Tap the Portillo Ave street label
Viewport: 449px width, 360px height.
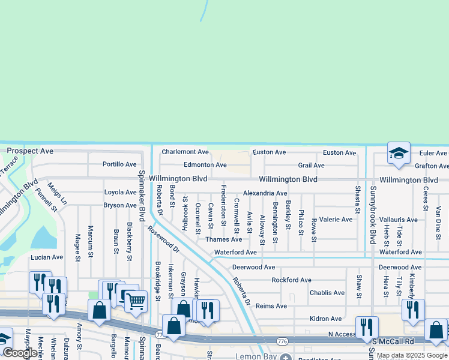[119, 164]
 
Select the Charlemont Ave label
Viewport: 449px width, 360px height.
[185, 152]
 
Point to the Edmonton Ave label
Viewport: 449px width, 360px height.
[205, 164]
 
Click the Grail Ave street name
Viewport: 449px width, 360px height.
[311, 165]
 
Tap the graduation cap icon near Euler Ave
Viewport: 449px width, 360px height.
[399, 154]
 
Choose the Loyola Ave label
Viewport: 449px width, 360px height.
[121, 193]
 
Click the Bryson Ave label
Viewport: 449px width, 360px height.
[120, 205]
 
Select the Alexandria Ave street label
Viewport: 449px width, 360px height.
[265, 193]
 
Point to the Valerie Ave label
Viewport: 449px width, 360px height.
[336, 220]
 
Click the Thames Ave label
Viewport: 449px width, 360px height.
[224, 239]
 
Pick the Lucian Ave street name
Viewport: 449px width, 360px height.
[47, 257]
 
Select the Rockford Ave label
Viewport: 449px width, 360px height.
[292, 280]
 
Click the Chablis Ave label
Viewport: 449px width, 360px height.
[327, 293]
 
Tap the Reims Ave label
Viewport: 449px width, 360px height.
[271, 306]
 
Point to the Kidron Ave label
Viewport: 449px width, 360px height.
[326, 319]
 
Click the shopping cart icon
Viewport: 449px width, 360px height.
[136, 300]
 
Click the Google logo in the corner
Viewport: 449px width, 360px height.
[19, 353]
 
